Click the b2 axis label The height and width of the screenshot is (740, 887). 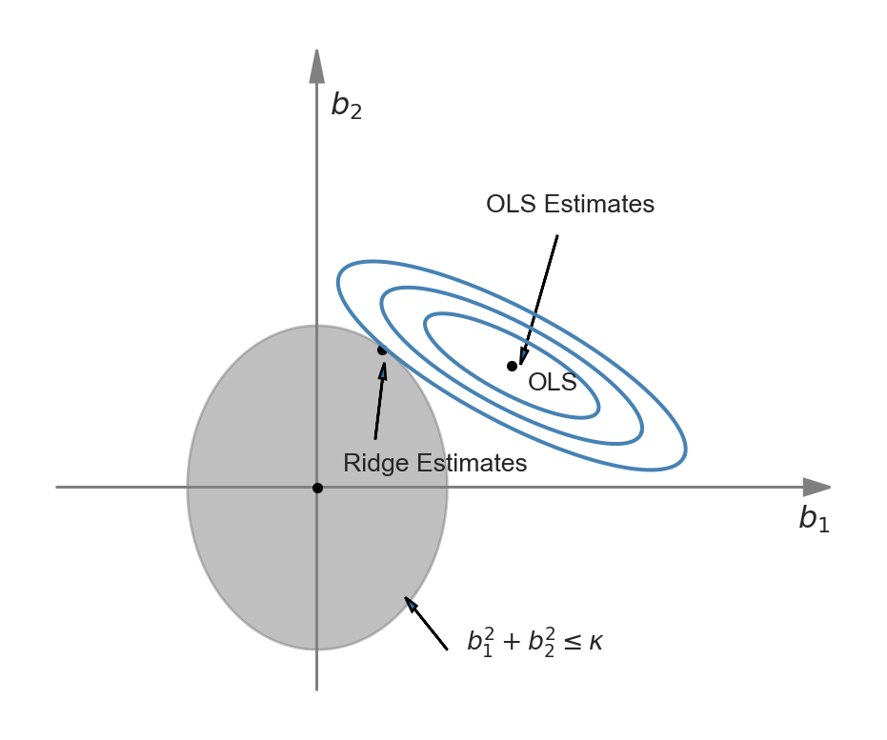[x=346, y=106]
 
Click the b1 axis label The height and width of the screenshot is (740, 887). [x=814, y=518]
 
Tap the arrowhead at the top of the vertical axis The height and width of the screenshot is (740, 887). [x=316, y=67]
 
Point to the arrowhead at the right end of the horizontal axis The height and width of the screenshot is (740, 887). [x=816, y=487]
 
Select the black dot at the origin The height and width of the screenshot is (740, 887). [x=317, y=488]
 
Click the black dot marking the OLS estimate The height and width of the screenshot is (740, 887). [x=512, y=367]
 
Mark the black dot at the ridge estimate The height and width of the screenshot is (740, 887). [x=382, y=350]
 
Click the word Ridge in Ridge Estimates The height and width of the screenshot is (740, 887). [x=375, y=463]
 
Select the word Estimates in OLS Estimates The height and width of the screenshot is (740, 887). [x=599, y=204]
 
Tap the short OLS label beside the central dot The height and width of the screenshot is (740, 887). [x=553, y=383]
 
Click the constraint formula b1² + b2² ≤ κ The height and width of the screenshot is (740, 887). [x=534, y=642]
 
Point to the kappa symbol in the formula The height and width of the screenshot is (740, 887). [x=595, y=643]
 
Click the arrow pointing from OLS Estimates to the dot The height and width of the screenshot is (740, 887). [x=538, y=300]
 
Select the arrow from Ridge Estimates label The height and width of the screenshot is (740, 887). [x=380, y=401]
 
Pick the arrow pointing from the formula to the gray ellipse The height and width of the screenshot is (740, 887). [x=426, y=623]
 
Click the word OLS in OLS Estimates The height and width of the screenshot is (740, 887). [x=511, y=204]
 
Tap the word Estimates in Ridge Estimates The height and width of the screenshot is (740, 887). [x=472, y=463]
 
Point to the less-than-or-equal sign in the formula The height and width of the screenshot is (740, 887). [x=573, y=643]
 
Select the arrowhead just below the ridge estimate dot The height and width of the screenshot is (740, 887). [x=384, y=371]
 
